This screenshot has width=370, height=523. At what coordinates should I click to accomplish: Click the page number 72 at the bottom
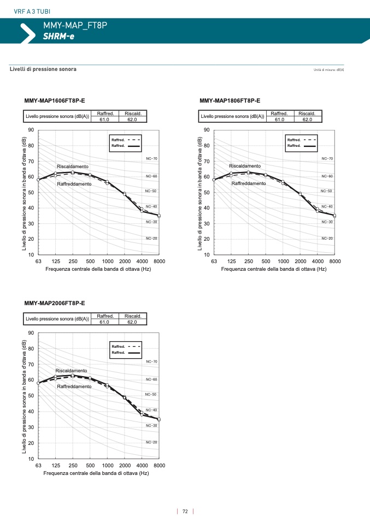(185, 512)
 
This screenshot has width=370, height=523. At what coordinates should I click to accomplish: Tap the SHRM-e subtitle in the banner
(58, 36)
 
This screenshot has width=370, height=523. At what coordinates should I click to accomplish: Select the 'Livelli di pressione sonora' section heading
(43, 69)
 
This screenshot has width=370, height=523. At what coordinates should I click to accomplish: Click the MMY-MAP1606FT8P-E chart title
(55, 100)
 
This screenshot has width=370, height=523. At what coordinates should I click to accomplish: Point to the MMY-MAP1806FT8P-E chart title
(230, 100)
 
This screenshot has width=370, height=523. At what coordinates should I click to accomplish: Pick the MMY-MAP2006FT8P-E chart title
(55, 303)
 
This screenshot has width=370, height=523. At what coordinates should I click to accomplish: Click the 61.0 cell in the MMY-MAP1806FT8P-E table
(279, 119)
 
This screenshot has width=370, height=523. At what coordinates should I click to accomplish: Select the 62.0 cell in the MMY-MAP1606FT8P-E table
(133, 119)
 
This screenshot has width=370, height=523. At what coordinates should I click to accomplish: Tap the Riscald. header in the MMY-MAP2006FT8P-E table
(133, 316)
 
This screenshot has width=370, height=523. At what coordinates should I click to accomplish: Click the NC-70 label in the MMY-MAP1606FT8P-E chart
(151, 159)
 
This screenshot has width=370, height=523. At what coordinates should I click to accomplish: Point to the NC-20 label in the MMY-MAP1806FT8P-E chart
(327, 239)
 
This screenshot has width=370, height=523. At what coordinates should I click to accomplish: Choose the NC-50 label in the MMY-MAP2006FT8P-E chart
(151, 394)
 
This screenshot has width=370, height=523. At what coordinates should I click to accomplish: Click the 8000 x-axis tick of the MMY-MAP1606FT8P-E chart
(159, 261)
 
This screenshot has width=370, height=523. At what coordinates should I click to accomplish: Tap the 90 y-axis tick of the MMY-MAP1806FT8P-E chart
(207, 130)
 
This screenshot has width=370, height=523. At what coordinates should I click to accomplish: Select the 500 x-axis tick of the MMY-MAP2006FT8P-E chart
(90, 465)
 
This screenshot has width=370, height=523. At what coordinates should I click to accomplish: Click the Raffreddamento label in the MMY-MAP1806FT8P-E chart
(248, 183)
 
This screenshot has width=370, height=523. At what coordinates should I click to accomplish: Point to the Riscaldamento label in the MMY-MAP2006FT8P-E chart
(71, 371)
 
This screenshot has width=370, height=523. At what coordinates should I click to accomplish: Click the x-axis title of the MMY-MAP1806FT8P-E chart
(274, 269)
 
